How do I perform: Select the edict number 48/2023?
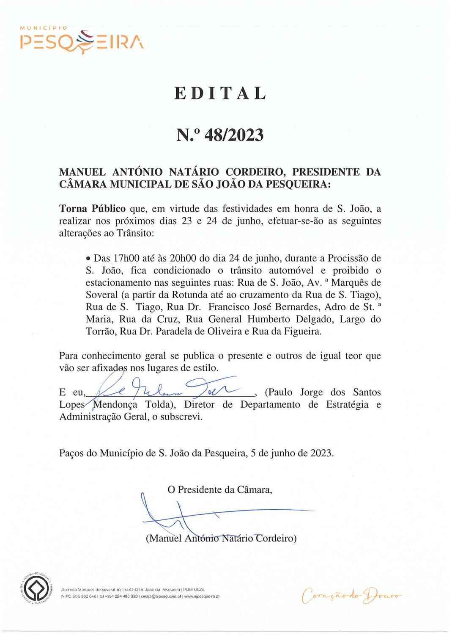pos(234,135)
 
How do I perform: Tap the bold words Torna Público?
pos(92,208)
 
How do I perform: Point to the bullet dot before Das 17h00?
pos(88,258)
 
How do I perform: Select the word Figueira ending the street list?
pos(303,331)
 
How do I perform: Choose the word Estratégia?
pos(347,405)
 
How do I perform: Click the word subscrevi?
pos(181,417)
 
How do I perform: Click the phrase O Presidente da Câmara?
pos(220,490)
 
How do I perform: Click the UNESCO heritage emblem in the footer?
pos(37,588)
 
